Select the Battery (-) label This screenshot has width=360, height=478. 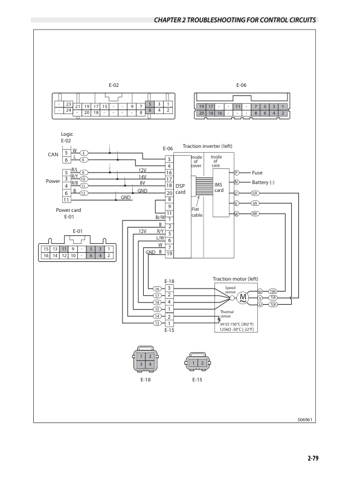263,182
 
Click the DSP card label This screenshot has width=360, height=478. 180,189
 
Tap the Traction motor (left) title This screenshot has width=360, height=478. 236,279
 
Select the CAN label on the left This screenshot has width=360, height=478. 53,155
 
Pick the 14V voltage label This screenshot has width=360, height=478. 143,176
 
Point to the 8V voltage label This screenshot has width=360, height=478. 143,182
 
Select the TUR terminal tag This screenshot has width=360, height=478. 273,304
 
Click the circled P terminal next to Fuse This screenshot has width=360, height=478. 237,173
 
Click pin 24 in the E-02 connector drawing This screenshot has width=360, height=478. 68,110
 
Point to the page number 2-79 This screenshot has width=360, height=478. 312,459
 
